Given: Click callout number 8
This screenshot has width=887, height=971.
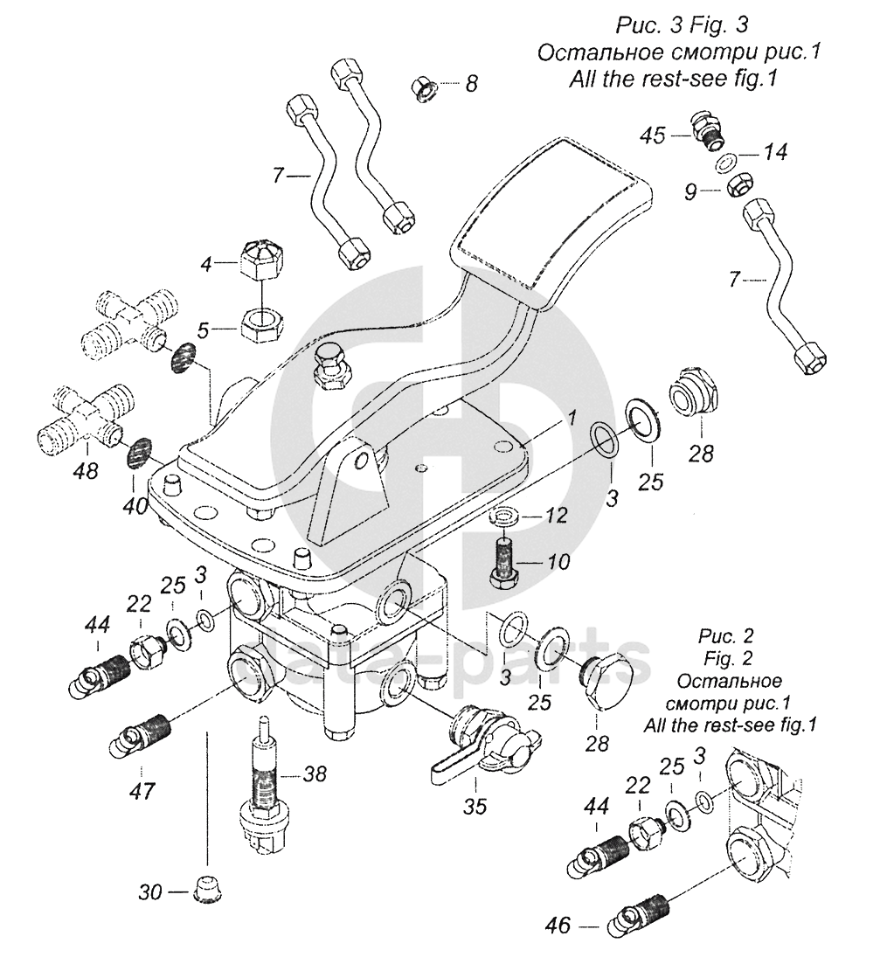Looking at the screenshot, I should click(x=471, y=84).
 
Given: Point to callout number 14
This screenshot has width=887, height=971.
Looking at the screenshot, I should click(x=774, y=152).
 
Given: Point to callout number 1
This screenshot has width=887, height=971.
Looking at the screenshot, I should click(x=569, y=418).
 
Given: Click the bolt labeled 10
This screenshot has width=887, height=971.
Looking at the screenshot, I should click(x=504, y=565).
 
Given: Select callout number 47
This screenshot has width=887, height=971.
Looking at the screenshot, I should click(x=142, y=791).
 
